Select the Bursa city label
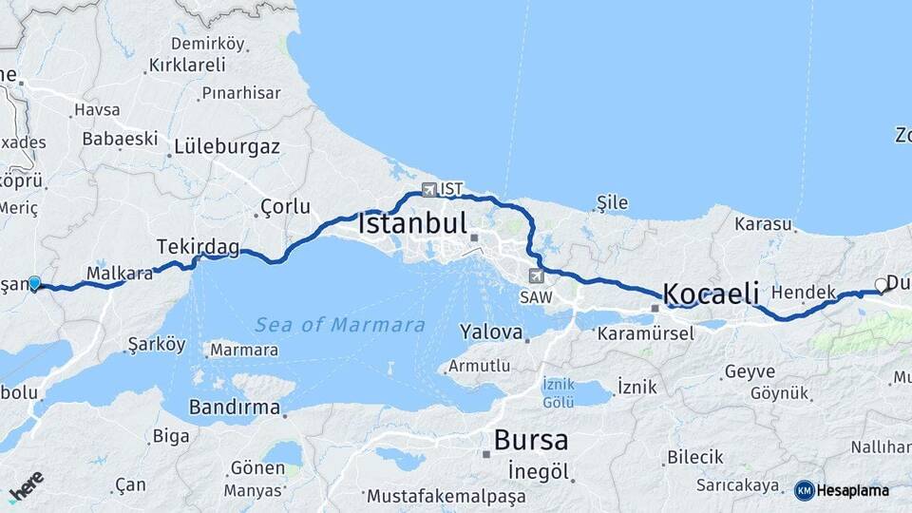coord(531,440)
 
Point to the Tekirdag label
coord(198,247)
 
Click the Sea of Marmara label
coord(340,325)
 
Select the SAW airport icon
coord(537,275)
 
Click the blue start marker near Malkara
coord(34,282)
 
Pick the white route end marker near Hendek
coord(881,284)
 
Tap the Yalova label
coord(491,332)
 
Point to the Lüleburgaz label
coord(226,147)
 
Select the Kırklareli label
coord(187,66)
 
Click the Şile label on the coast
coord(613,201)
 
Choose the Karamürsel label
coord(645,333)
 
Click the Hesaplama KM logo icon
coord(805,490)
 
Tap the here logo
coord(26,485)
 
